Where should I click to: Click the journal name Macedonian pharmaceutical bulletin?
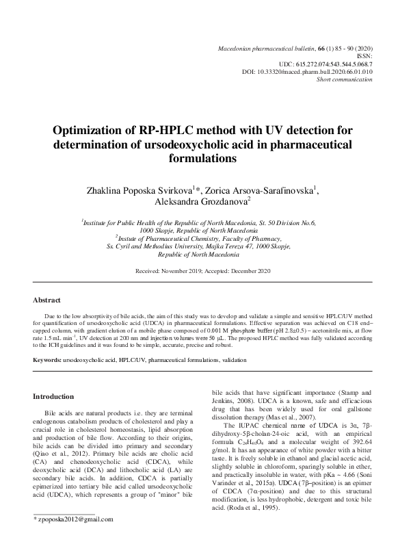coord(265,45)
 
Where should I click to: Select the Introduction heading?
coord(53,396)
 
